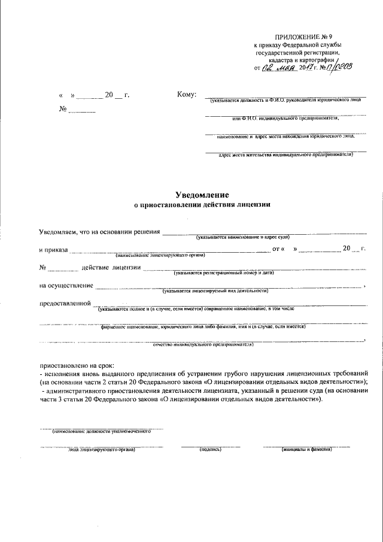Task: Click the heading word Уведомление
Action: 202,195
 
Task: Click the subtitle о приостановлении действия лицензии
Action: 202,205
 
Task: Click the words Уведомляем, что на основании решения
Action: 99,232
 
